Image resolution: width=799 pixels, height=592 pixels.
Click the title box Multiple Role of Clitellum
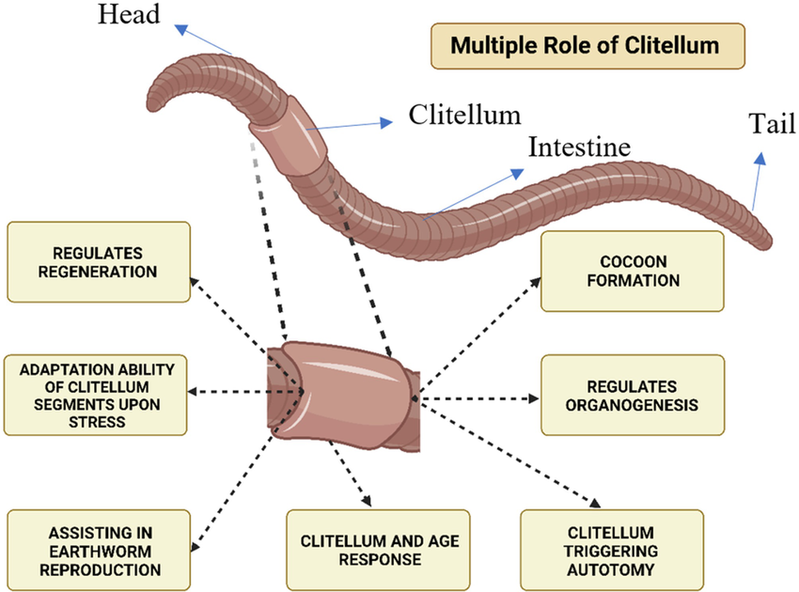pyautogui.click(x=586, y=45)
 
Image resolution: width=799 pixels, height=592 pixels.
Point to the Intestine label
pyautogui.click(x=578, y=148)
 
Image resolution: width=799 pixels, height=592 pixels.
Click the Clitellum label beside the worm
pyautogui.click(x=463, y=115)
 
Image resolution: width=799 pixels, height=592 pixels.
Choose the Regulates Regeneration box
pyautogui.click(x=98, y=262)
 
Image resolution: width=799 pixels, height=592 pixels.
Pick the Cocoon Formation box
pyautogui.click(x=633, y=271)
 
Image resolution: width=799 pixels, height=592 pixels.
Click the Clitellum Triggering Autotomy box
pyautogui.click(x=611, y=551)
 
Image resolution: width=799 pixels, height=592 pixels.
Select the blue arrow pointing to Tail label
pyautogui.click(x=758, y=178)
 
